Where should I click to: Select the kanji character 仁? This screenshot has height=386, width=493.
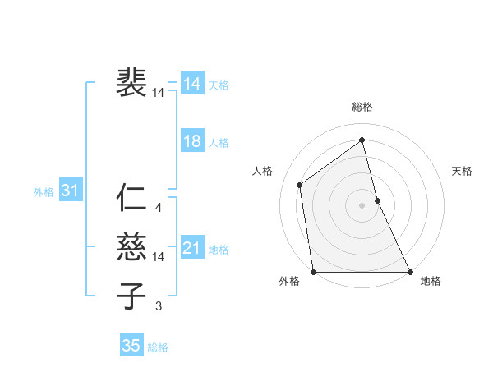132,200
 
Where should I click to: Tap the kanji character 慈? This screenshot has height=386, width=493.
132,248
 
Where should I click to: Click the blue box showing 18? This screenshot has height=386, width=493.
192,141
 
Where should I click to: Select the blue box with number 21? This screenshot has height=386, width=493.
192,248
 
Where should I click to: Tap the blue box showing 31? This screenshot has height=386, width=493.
70,191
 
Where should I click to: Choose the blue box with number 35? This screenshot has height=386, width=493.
131,346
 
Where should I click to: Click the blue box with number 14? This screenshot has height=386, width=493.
192,83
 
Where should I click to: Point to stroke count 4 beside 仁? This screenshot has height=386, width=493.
159,208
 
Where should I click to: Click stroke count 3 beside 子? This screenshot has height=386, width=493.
159,306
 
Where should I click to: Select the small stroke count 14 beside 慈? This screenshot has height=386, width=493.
159,257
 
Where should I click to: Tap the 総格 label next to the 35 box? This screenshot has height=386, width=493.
158,347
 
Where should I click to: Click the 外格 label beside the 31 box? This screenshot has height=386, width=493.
44,192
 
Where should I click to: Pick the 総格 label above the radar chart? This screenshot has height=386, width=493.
362,107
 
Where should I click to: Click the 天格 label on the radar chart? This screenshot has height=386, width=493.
463,171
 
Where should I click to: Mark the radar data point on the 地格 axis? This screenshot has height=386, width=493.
410,272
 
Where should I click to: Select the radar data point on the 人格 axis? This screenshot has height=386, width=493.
300,185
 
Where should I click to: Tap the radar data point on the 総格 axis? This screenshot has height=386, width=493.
362,140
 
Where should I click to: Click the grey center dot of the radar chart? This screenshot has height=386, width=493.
362,205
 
